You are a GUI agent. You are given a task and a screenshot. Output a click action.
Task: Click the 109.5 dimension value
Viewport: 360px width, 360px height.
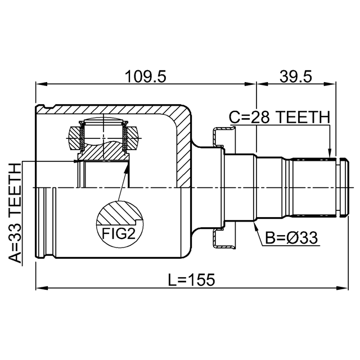(x=145, y=76)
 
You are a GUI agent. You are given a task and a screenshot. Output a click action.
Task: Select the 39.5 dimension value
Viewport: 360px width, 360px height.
(x=296, y=76)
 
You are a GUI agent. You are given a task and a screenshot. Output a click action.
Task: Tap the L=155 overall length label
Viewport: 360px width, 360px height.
(x=191, y=280)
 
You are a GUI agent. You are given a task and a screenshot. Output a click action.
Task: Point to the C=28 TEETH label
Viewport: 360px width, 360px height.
(x=280, y=117)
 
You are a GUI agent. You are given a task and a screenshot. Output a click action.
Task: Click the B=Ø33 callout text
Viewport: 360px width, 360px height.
(x=291, y=237)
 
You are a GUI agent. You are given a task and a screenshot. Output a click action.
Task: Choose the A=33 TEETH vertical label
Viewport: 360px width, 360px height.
(x=15, y=213)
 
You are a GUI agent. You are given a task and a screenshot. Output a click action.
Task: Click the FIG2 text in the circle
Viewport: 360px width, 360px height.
(x=119, y=234)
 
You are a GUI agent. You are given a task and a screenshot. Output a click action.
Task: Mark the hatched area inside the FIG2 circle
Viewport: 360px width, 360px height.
(x=119, y=213)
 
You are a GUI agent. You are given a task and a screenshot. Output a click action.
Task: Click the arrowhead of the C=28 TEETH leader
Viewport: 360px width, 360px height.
(x=330, y=153)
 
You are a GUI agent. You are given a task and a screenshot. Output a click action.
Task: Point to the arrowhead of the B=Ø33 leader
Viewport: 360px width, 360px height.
(x=255, y=225)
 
